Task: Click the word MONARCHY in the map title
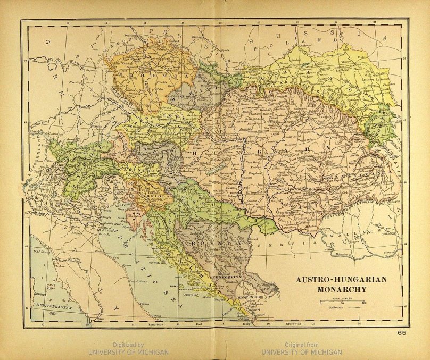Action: [341, 290]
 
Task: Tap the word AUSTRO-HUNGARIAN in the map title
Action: [341, 280]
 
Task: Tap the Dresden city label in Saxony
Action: [130, 36]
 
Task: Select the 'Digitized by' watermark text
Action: [128, 345]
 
